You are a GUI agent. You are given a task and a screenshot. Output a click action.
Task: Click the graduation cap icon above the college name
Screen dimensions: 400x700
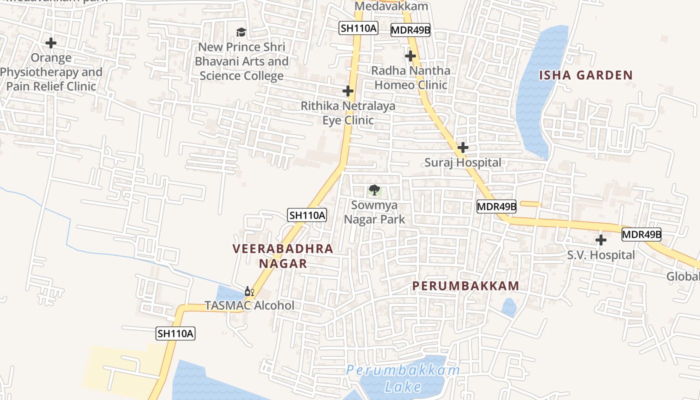pos(241,32)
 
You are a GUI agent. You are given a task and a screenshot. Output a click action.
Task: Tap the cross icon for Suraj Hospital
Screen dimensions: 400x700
pos(463,147)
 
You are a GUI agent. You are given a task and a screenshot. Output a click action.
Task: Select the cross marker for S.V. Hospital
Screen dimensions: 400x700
pos(601,240)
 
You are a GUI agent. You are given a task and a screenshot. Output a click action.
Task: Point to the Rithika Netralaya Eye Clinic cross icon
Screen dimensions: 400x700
pos(348,91)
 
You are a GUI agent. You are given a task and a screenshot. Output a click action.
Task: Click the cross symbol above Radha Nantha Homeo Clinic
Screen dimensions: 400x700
pos(410,56)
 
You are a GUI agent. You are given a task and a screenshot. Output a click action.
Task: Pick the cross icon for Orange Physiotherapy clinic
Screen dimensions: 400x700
pos(50,43)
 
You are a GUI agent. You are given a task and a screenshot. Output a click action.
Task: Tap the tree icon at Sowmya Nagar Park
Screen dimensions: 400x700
pos(374,190)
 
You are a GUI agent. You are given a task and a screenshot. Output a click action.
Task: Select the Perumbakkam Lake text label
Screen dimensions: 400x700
pos(403,378)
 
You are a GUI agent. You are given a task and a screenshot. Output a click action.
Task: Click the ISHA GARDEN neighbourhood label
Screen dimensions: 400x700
pos(585,75)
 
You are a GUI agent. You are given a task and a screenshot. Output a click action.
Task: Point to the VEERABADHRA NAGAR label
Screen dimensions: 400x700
pos(283,256)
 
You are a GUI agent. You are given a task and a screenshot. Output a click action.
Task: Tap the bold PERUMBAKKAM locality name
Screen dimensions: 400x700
pos(465,286)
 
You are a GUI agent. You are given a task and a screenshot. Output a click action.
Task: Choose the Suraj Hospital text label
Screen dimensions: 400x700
pos(463,162)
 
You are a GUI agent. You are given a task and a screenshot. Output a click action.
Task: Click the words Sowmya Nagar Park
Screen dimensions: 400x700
pos(374,212)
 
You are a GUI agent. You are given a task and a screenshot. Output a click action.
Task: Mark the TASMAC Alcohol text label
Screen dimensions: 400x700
pos(249,305)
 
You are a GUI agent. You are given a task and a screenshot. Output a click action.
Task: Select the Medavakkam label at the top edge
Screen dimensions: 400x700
pos(391,6)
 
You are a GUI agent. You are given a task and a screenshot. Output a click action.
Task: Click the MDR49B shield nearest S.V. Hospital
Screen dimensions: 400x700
pos(641,234)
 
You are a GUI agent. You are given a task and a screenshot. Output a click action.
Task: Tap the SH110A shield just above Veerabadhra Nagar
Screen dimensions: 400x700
pos(307,215)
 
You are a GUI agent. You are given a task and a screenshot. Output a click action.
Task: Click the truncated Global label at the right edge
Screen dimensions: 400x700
pos(683,277)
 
